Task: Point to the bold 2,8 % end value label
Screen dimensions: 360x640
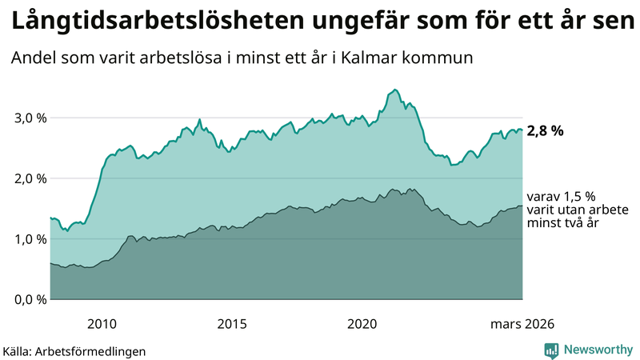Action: tap(545, 131)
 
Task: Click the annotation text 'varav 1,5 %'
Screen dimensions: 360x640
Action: tap(561, 196)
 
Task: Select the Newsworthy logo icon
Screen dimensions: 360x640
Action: tap(551, 350)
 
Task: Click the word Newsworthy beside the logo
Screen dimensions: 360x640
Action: tap(598, 350)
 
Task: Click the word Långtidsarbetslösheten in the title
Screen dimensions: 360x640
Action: tap(152, 23)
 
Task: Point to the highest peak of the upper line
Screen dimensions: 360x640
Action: tap(395, 90)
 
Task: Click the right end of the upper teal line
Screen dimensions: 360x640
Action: tap(522, 130)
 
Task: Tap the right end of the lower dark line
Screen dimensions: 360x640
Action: tap(522, 206)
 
